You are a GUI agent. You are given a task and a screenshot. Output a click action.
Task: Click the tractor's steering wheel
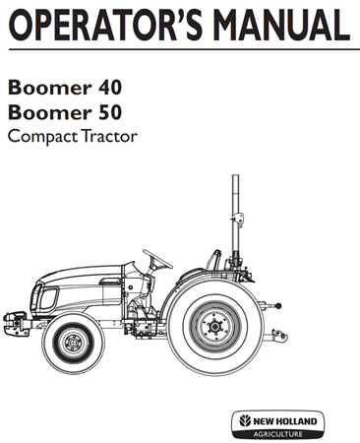click(157, 258)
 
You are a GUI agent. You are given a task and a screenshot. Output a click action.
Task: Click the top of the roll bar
click(236, 182)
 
